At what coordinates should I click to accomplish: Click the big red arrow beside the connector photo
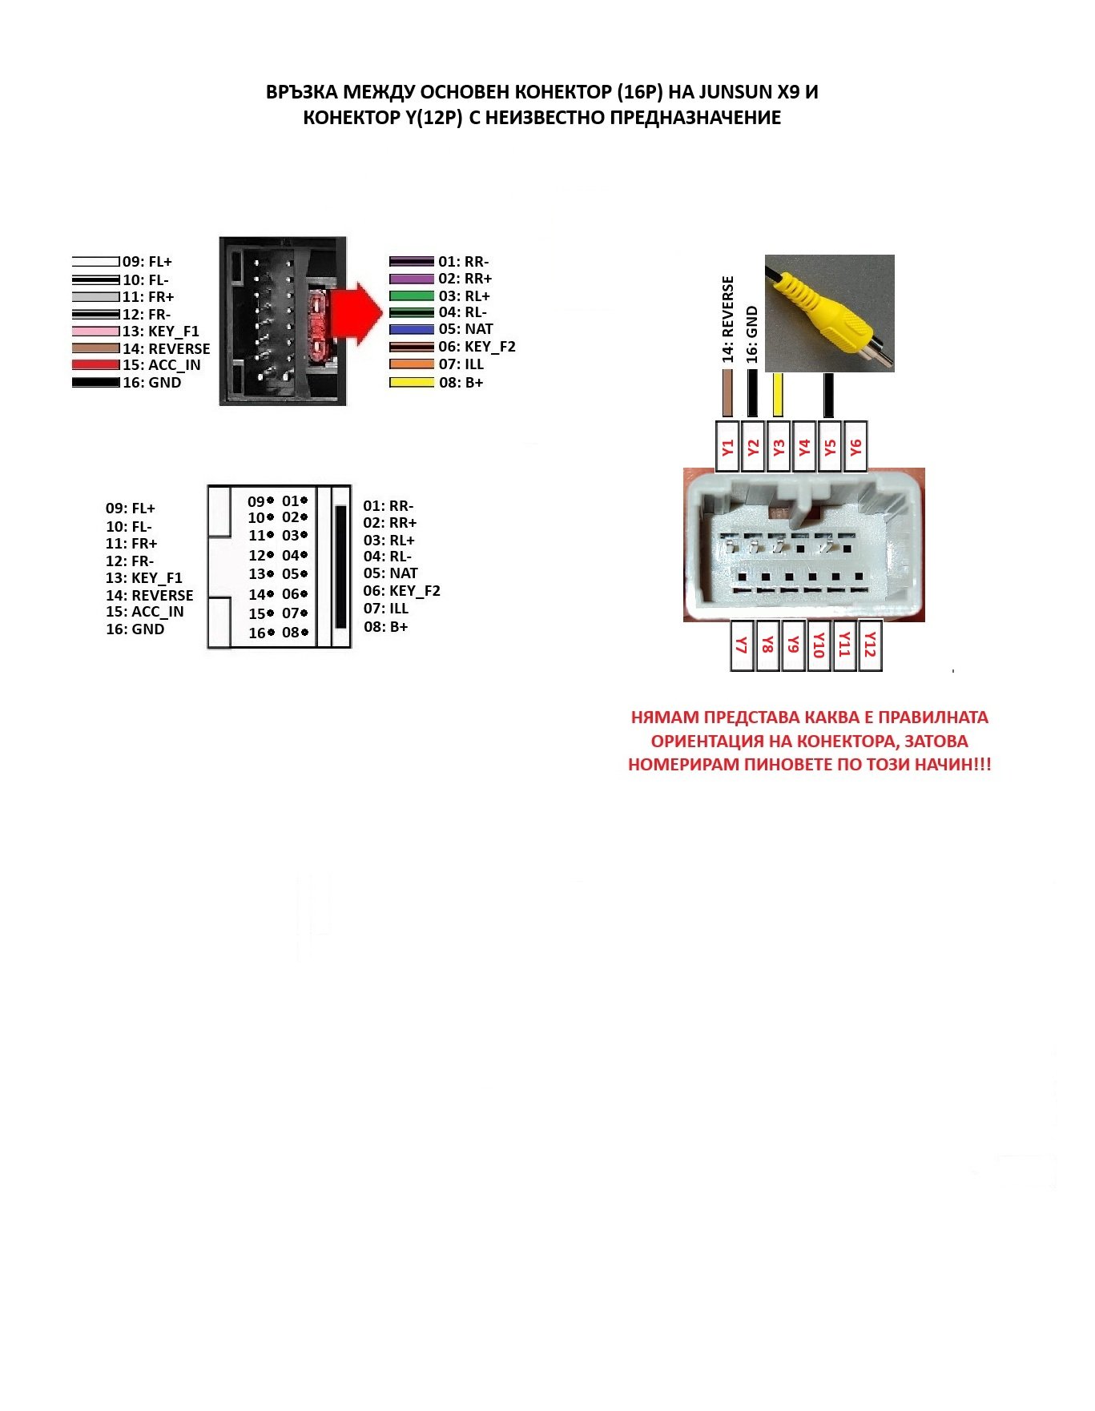(x=355, y=314)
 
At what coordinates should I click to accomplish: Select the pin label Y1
(x=727, y=447)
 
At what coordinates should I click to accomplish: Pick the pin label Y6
(x=855, y=447)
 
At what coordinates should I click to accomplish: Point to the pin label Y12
(x=871, y=645)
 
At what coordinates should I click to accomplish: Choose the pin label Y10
(x=819, y=645)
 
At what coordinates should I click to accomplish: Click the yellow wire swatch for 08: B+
(x=411, y=383)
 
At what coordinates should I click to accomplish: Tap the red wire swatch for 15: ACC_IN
(x=95, y=365)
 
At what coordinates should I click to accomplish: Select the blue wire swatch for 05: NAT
(x=411, y=329)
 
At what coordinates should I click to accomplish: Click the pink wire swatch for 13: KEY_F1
(x=95, y=332)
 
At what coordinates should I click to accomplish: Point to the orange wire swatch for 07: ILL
(x=411, y=364)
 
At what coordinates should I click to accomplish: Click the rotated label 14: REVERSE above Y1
(x=727, y=320)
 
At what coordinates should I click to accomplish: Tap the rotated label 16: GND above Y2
(x=752, y=335)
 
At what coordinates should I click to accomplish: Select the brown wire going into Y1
(x=727, y=394)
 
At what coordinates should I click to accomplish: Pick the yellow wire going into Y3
(x=778, y=395)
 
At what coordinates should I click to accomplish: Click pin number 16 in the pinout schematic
(x=256, y=633)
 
